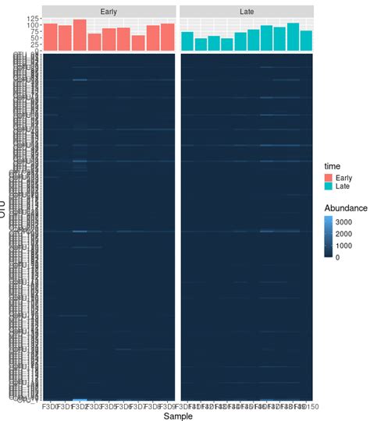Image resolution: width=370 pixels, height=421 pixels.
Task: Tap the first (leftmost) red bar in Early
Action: point(50,37)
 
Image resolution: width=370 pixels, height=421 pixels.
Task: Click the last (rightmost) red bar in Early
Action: point(167,37)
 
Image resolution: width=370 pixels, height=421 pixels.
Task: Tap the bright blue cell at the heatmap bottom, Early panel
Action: point(80,400)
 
